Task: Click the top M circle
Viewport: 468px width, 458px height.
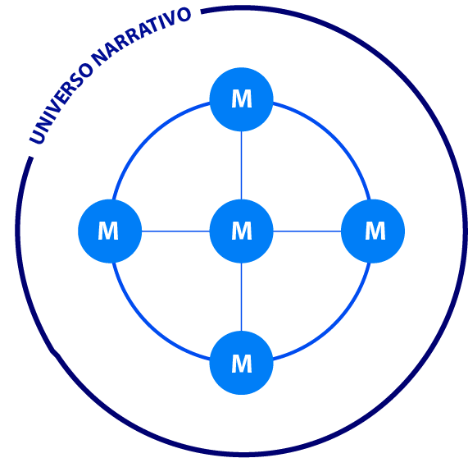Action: [x=242, y=99]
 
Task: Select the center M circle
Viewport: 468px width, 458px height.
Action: [x=242, y=231]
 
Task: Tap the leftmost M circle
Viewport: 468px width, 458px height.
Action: [x=110, y=231]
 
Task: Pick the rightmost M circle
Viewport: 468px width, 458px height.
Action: [x=373, y=231]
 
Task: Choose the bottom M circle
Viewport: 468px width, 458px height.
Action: [x=242, y=363]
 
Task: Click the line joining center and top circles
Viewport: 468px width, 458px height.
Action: [x=242, y=165]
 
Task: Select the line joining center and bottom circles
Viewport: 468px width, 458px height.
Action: [x=242, y=297]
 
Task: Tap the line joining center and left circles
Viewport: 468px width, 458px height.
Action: [x=175, y=231]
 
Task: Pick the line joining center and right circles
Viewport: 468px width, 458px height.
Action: [x=307, y=231]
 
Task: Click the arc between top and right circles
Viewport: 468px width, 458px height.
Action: [x=334, y=138]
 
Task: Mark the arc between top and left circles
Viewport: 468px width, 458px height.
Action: [x=148, y=138]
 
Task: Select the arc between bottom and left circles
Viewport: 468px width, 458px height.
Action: [x=148, y=324]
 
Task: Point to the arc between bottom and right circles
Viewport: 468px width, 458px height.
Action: [x=334, y=324]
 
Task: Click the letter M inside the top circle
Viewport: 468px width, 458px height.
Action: [x=242, y=98]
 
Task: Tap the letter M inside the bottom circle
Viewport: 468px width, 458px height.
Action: [x=242, y=364]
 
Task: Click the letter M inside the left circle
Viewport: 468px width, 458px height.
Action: [x=108, y=231]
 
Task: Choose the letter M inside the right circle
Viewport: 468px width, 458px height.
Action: [x=375, y=231]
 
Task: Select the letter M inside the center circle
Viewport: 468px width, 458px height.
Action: [x=242, y=231]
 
